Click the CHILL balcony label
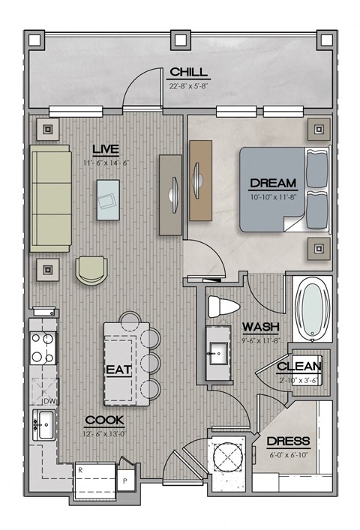coord(188,72)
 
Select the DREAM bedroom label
coord(273,183)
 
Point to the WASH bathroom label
coord(260,327)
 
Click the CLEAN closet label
coord(299,367)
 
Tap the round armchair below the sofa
coord(91,269)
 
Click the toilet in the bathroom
coord(223,307)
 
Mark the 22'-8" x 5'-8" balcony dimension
coord(188,85)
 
